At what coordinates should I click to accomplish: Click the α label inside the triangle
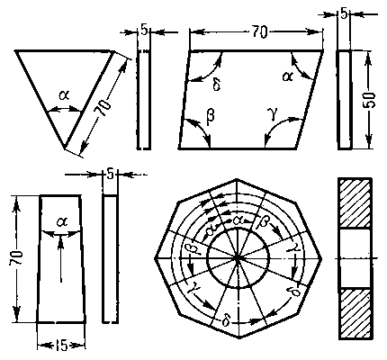[64, 95]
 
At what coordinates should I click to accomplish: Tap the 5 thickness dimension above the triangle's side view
[144, 31]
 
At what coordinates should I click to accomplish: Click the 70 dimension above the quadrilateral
[259, 31]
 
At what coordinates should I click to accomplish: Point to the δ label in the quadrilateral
[217, 85]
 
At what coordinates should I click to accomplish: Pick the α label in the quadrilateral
[287, 76]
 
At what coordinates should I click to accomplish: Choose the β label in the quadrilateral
[211, 115]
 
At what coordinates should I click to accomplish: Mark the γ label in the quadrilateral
[273, 115]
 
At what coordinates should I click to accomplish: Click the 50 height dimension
[370, 100]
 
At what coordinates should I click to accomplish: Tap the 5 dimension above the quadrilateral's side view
[344, 13]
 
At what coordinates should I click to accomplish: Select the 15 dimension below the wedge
[61, 346]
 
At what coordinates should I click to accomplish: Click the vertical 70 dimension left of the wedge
[16, 257]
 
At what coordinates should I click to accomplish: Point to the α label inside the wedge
[62, 222]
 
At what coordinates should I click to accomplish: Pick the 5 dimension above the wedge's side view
[110, 174]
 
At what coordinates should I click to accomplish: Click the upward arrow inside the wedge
[61, 259]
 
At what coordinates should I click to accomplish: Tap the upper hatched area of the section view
[355, 203]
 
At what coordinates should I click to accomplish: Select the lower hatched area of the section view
[355, 313]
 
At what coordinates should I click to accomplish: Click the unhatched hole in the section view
[355, 258]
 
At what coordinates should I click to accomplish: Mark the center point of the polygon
[238, 258]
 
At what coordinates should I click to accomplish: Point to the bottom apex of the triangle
[64, 148]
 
